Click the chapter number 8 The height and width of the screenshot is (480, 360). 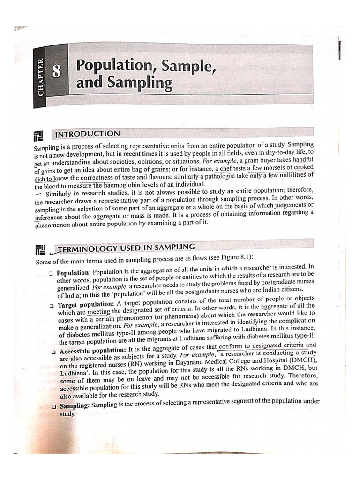(x=56, y=72)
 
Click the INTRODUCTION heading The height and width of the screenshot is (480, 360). (x=88, y=135)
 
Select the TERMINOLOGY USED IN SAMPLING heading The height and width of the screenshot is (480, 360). (x=125, y=247)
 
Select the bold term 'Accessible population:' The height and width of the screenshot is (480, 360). (x=93, y=350)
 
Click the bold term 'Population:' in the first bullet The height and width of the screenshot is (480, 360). (x=74, y=273)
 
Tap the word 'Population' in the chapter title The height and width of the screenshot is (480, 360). (x=115, y=65)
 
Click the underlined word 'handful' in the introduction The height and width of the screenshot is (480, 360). (x=302, y=159)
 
